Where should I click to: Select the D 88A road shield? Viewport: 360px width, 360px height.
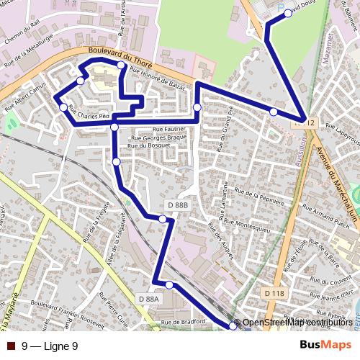pos(147,298)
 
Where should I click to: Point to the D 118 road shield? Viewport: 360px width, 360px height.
pos(274,294)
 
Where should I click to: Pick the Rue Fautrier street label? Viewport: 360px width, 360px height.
pos(149,127)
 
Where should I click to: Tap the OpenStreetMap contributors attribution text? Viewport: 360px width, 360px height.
pos(298,323)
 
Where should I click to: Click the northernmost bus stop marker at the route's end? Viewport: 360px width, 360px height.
pos(288,14)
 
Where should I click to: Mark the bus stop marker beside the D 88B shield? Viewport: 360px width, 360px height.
pos(163,218)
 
